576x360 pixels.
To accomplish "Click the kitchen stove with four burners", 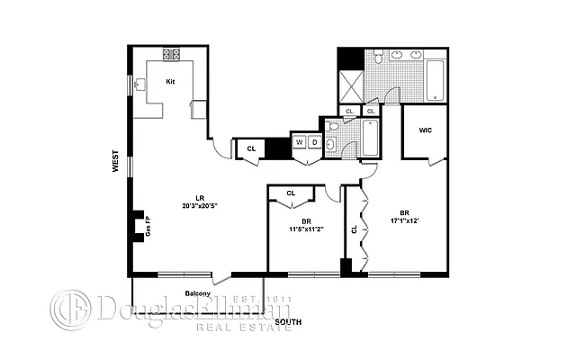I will pyautogui.click(x=172, y=55).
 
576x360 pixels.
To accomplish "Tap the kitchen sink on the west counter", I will pyautogui.click(x=139, y=85).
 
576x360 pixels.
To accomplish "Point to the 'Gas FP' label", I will pyautogui.click(x=148, y=225).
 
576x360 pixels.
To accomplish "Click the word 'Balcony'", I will pyautogui.click(x=198, y=293).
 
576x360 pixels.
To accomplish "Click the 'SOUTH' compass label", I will pyautogui.click(x=288, y=321).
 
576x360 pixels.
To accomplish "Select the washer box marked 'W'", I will pyautogui.click(x=297, y=142).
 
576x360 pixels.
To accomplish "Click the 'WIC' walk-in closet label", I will pyautogui.click(x=426, y=130).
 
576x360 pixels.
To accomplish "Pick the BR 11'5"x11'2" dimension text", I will pyautogui.click(x=306, y=225).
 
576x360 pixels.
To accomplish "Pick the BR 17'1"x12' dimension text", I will pyautogui.click(x=405, y=217).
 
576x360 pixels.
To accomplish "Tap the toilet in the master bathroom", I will pyautogui.click(x=382, y=57).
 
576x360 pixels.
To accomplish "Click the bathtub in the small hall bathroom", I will pyautogui.click(x=369, y=139).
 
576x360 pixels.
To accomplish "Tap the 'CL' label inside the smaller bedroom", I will pyautogui.click(x=291, y=193).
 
